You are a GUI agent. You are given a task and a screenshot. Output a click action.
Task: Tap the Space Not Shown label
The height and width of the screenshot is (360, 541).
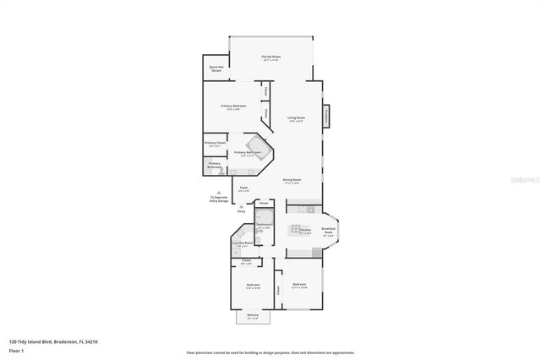pyautogui.click(x=216, y=69)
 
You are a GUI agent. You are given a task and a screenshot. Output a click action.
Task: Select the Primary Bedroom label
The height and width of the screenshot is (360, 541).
pyautogui.click(x=233, y=106)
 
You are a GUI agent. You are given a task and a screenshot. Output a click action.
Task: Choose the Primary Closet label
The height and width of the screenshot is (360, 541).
pyautogui.click(x=215, y=145)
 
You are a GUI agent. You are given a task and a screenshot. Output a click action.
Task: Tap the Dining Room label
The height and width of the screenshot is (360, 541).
pyautogui.click(x=292, y=181)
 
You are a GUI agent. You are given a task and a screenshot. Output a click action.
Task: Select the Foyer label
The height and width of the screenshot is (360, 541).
pyautogui.click(x=243, y=188)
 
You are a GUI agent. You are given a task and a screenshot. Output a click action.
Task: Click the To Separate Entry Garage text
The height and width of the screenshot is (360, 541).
pyautogui.click(x=219, y=199)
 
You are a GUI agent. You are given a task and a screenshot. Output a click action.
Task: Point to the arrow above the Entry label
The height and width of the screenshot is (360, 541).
pyautogui.click(x=241, y=205)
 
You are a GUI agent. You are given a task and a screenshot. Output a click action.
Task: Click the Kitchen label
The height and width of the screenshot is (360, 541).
pyautogui.click(x=305, y=230)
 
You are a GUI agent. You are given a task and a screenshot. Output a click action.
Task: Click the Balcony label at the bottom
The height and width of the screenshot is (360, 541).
pyautogui.click(x=253, y=316)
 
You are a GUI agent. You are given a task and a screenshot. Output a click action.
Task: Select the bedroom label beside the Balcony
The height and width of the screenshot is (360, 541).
pyautogui.click(x=253, y=286)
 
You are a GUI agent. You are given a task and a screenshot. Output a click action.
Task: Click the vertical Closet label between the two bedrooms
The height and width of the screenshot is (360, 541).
pyautogui.click(x=277, y=291)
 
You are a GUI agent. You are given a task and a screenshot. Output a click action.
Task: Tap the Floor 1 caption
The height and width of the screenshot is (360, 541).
pyautogui.click(x=16, y=349)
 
